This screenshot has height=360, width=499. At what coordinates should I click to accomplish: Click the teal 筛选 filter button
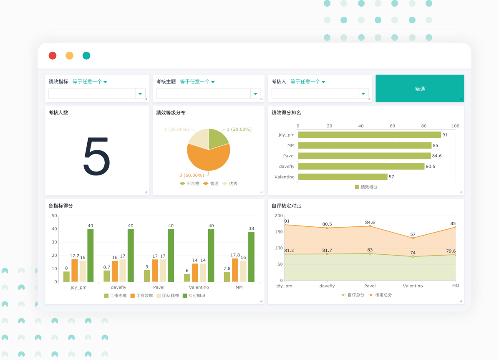(420, 89)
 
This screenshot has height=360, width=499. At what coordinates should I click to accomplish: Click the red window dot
(53, 56)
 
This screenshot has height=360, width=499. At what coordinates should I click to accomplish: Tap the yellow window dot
(69, 56)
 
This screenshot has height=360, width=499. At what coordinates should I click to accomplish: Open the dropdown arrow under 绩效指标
(140, 94)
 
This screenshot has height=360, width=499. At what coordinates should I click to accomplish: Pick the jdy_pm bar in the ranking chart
(369, 135)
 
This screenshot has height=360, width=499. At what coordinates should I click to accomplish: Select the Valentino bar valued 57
(343, 177)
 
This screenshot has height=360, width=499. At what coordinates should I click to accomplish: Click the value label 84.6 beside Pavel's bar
(437, 156)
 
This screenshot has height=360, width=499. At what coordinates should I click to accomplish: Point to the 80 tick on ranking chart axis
(424, 126)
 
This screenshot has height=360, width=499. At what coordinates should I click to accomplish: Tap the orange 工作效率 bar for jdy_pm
(74, 271)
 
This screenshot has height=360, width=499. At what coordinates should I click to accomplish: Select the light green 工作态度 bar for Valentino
(187, 278)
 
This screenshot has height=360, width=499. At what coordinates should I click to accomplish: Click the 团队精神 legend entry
(167, 296)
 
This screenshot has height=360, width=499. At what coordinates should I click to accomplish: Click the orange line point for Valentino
(413, 238)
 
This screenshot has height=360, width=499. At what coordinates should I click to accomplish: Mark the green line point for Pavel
(370, 254)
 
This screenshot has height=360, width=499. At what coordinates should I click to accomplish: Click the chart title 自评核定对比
(286, 206)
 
